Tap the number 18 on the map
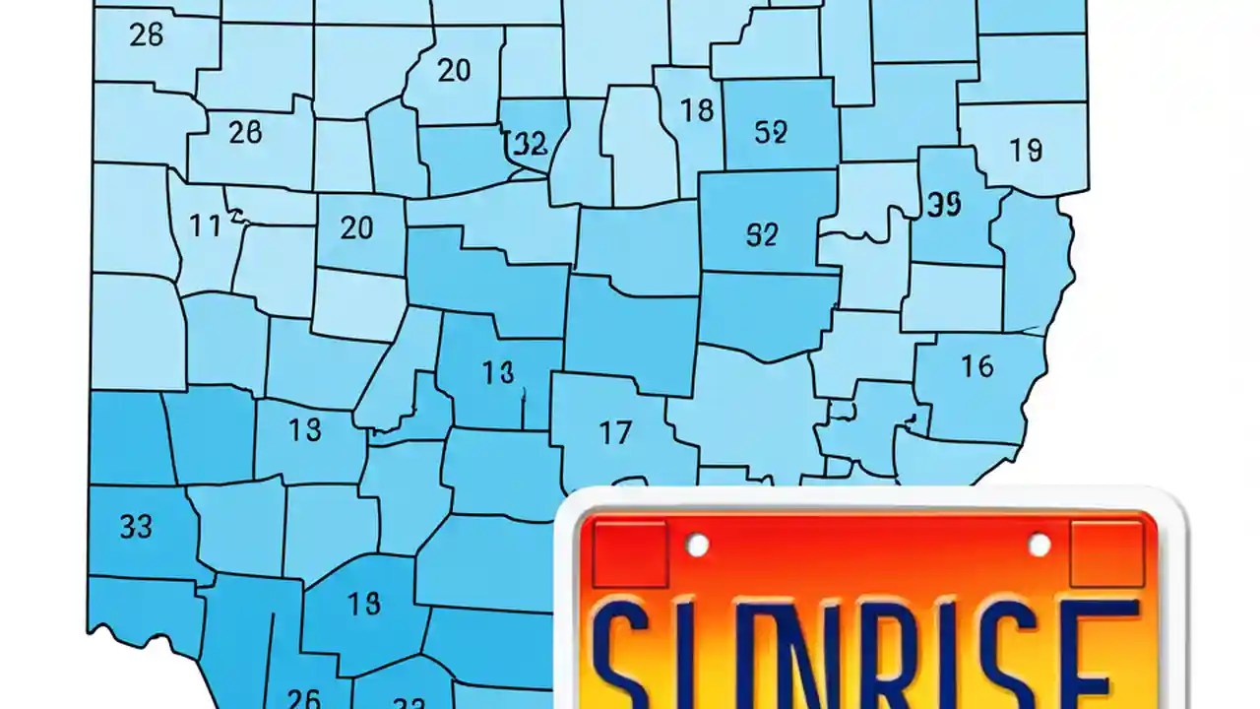pyautogui.click(x=696, y=110)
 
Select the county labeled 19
pyautogui.click(x=1026, y=150)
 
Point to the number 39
pyautogui.click(x=944, y=204)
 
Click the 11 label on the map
pyautogui.click(x=206, y=226)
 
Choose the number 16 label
pyautogui.click(x=976, y=367)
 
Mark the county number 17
pyautogui.click(x=615, y=431)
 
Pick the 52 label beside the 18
pyautogui.click(x=770, y=133)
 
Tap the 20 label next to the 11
pyautogui.click(x=356, y=228)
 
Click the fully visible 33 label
pyautogui.click(x=136, y=527)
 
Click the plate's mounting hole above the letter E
pyautogui.click(x=1039, y=545)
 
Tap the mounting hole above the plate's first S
pyautogui.click(x=697, y=545)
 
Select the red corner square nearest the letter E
pyautogui.click(x=1107, y=553)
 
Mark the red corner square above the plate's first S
pyautogui.click(x=630, y=553)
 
